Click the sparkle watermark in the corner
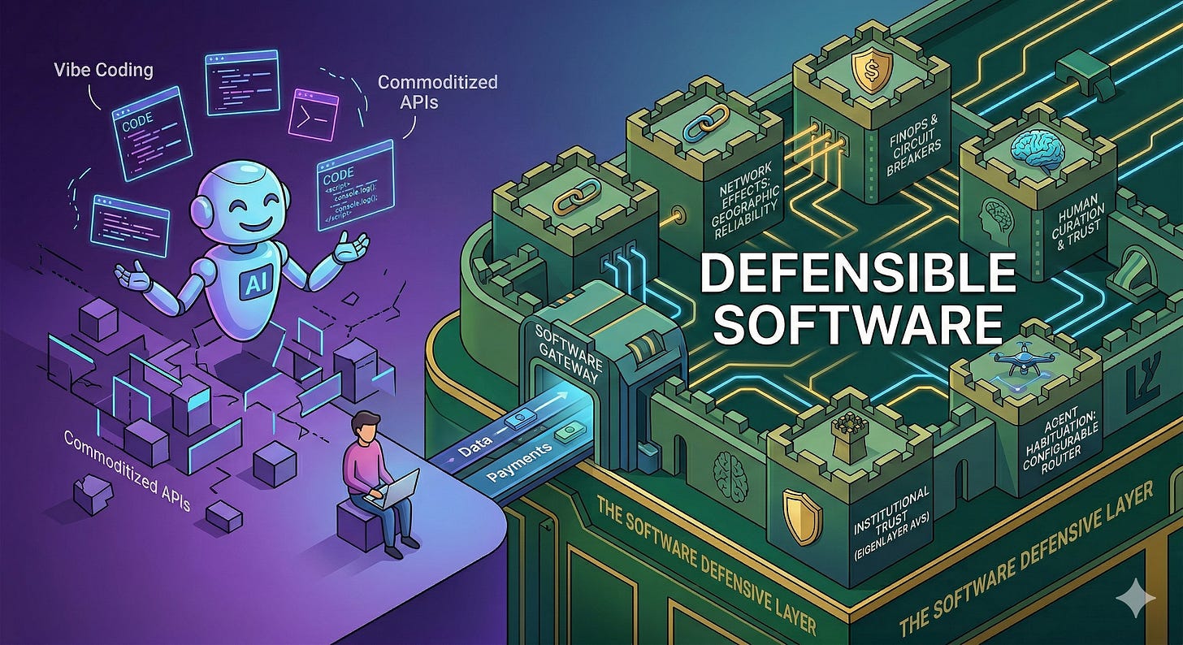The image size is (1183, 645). coord(1136,600)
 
